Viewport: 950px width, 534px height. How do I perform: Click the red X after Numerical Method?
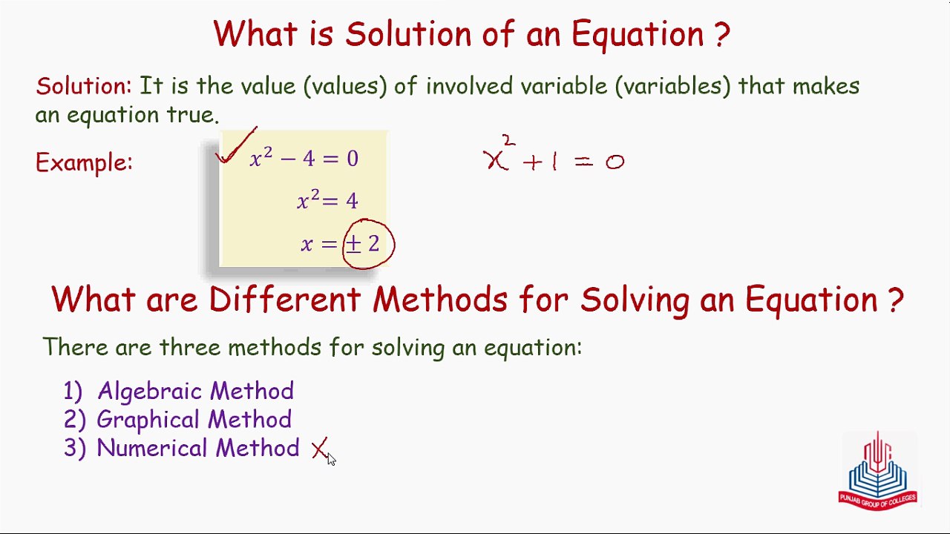pyautogui.click(x=319, y=448)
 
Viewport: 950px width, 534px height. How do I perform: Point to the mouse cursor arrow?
pyautogui.click(x=331, y=459)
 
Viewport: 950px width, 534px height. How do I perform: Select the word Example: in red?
pyautogui.click(x=84, y=162)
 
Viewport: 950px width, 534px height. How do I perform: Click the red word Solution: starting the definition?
pyautogui.click(x=84, y=86)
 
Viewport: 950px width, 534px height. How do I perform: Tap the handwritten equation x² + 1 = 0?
pyautogui.click(x=554, y=154)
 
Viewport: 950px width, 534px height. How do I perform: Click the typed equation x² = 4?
pyautogui.click(x=327, y=200)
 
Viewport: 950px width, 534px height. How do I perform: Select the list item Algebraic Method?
pyautogui.click(x=195, y=391)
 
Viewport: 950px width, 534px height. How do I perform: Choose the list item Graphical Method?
pyautogui.click(x=194, y=420)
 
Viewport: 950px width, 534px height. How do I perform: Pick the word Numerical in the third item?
pyautogui.click(x=152, y=448)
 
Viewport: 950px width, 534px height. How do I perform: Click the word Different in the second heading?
pyautogui.click(x=284, y=299)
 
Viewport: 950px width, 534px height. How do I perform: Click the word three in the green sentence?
pyautogui.click(x=190, y=347)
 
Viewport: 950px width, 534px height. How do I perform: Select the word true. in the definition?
pyautogui.click(x=193, y=114)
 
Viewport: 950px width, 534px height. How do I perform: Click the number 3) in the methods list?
pyautogui.click(x=75, y=448)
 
